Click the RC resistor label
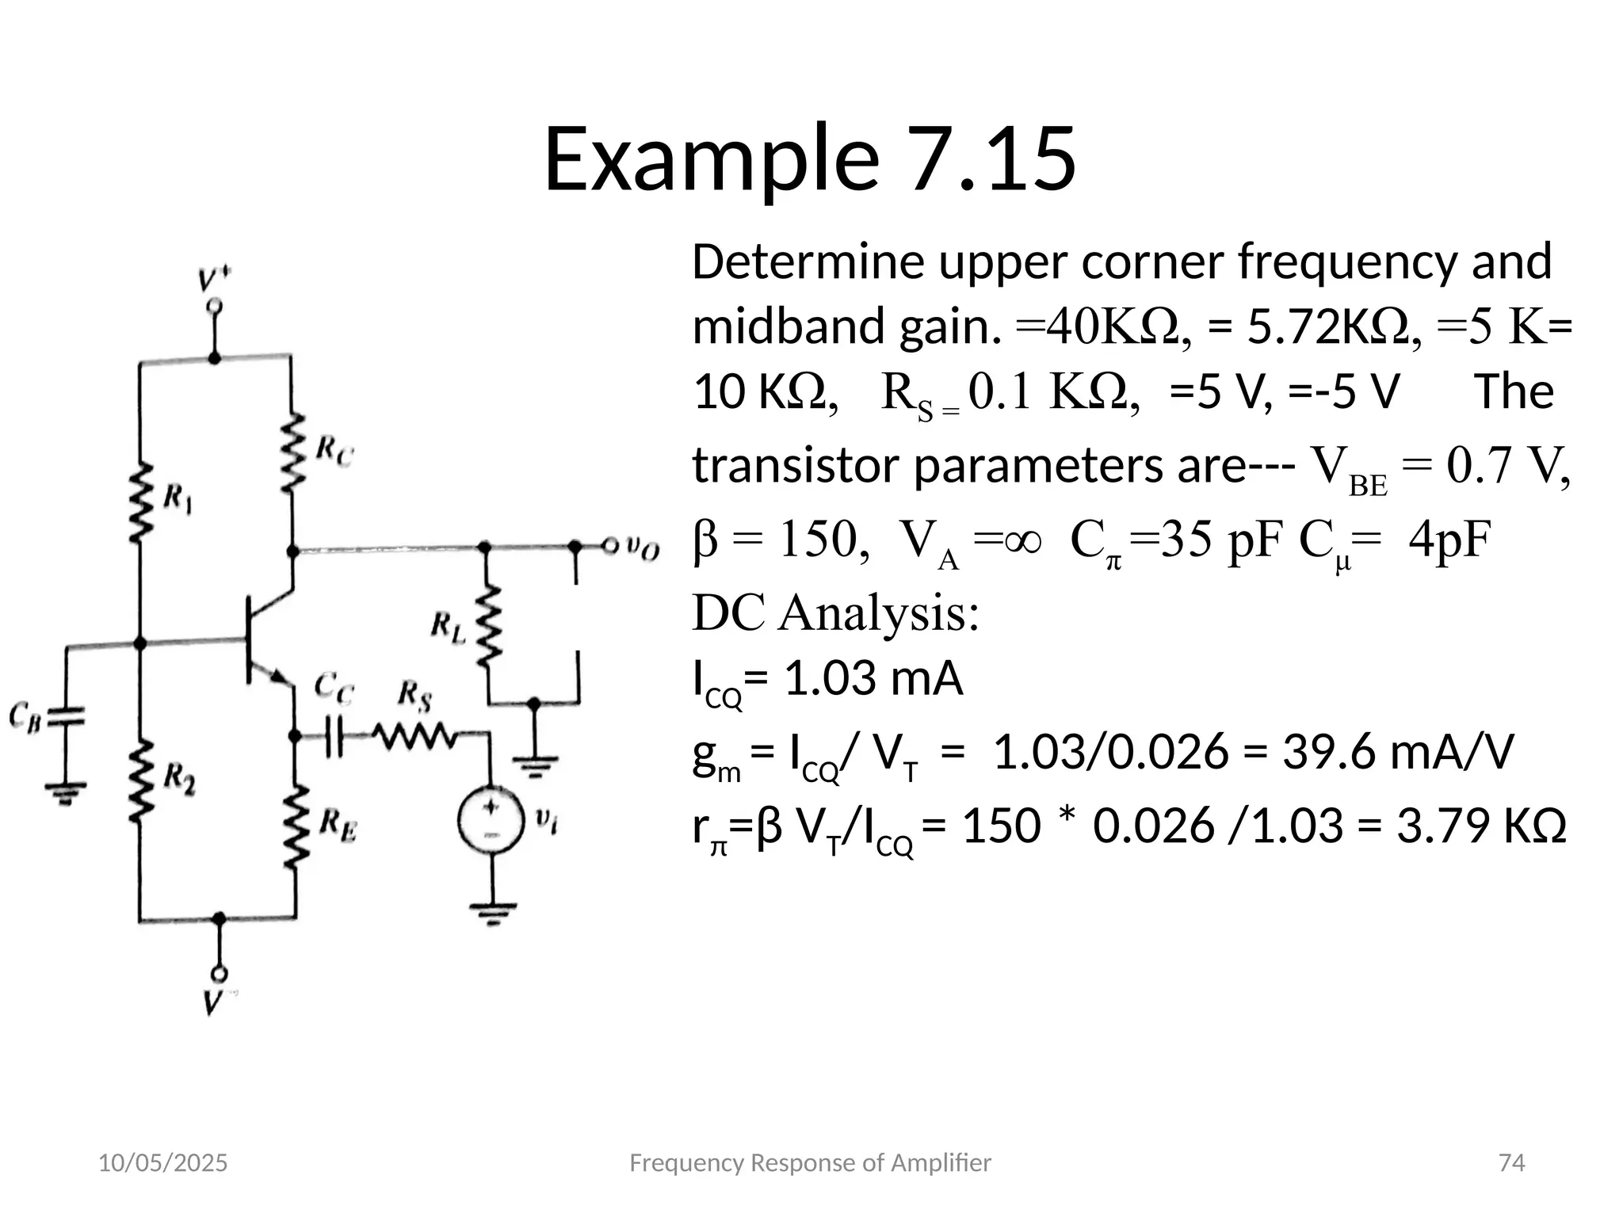[x=334, y=452]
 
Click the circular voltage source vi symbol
[x=491, y=821]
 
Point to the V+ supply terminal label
[x=214, y=280]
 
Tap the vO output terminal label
[x=642, y=547]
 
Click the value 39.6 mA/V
[x=1398, y=752]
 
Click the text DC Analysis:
[x=835, y=612]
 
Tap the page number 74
[x=1512, y=1162]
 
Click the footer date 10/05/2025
[x=162, y=1162]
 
